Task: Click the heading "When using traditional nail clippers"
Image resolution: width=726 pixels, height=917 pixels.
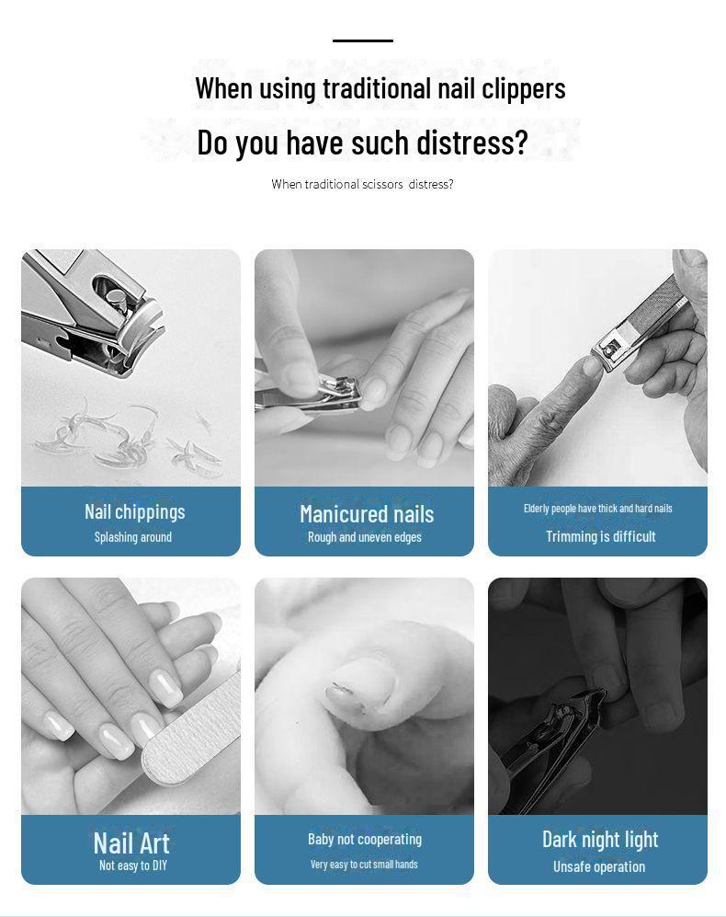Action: click(x=380, y=89)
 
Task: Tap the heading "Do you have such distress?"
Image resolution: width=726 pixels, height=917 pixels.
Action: click(x=362, y=143)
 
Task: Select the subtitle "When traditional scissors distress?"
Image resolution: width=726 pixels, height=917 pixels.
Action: click(x=362, y=184)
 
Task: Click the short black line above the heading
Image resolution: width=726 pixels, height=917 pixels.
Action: click(x=363, y=41)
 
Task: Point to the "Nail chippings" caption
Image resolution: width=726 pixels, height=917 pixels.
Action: click(x=135, y=511)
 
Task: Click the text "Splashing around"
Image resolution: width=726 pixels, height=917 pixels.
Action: click(x=133, y=537)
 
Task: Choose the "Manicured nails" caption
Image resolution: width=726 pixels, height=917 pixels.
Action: click(x=367, y=515)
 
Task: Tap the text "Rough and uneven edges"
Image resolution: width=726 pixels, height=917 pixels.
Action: click(x=365, y=537)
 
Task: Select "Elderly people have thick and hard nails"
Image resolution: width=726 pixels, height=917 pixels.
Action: click(x=598, y=509)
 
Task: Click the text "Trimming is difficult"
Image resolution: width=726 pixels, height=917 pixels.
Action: click(x=601, y=536)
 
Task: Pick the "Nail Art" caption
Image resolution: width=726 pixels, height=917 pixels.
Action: click(x=131, y=843)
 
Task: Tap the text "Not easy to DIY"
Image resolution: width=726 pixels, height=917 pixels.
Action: click(x=133, y=865)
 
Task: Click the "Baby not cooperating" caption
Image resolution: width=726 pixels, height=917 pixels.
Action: click(x=365, y=839)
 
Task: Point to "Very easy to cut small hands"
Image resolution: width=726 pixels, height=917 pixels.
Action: click(x=364, y=865)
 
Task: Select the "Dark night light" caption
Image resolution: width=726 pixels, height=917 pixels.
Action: click(x=600, y=840)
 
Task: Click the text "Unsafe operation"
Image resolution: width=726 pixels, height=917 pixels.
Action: click(x=599, y=866)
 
